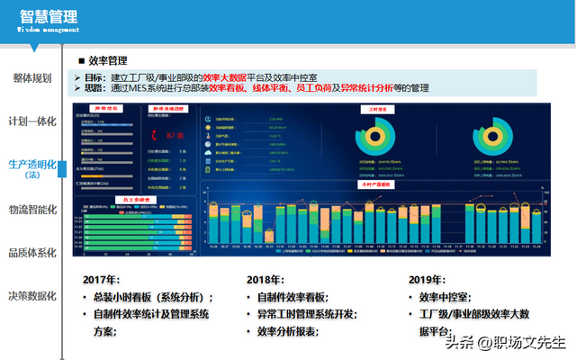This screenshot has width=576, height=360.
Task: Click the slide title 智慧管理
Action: pos(48,16)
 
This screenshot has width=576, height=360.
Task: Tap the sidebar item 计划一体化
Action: pos(32,121)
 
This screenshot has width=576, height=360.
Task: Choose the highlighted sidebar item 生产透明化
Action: pos(32,165)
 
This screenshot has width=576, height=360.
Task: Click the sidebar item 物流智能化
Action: pos(32,209)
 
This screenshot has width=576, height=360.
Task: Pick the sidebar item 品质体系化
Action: pos(32,253)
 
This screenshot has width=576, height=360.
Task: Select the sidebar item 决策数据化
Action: pos(32,296)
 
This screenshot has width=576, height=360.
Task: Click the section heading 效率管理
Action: pos(107,61)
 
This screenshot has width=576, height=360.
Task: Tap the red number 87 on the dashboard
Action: pos(170,135)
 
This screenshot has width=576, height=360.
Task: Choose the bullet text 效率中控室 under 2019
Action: pos(449,297)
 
